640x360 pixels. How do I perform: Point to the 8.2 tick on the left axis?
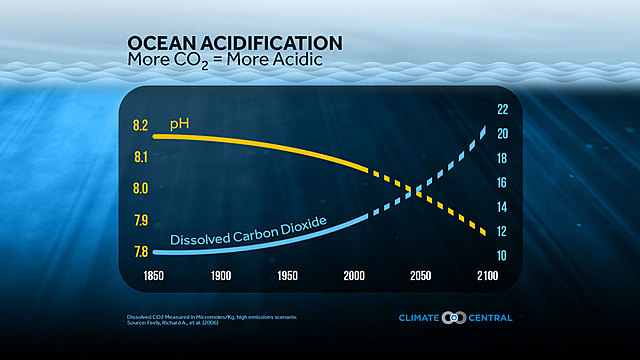click(x=140, y=126)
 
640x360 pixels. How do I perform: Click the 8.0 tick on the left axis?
click(x=140, y=188)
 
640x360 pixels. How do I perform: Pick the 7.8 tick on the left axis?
click(x=140, y=251)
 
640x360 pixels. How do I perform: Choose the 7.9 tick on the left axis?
click(x=140, y=220)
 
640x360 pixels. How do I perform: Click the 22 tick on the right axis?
click(x=503, y=109)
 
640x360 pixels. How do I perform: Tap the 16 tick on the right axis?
click(x=503, y=182)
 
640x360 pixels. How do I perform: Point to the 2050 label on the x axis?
click(x=419, y=275)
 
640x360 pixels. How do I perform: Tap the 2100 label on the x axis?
click(x=488, y=275)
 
